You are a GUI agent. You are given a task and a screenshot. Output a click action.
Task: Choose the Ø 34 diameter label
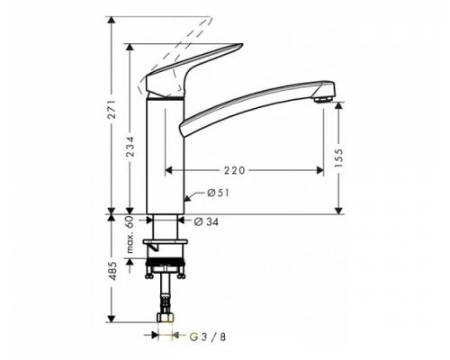click(x=208, y=221)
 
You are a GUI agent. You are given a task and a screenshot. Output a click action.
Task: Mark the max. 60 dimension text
click(x=130, y=232)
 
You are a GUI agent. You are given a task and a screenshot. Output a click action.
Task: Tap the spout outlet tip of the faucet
click(x=325, y=94)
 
